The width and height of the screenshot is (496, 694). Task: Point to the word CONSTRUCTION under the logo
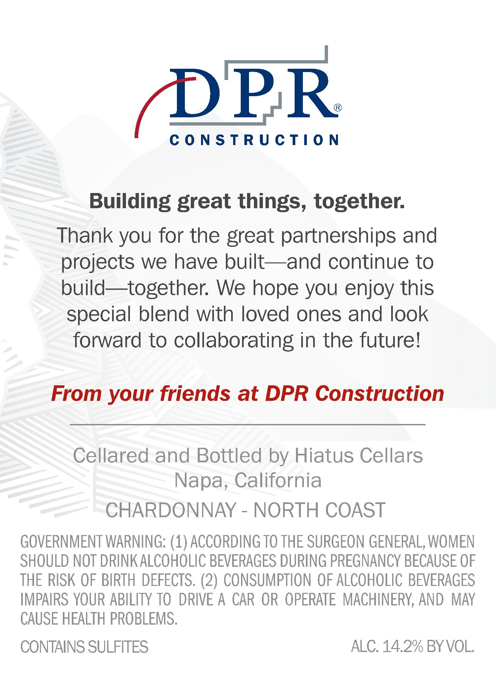[254, 139]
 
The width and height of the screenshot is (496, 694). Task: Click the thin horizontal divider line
[248, 424]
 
